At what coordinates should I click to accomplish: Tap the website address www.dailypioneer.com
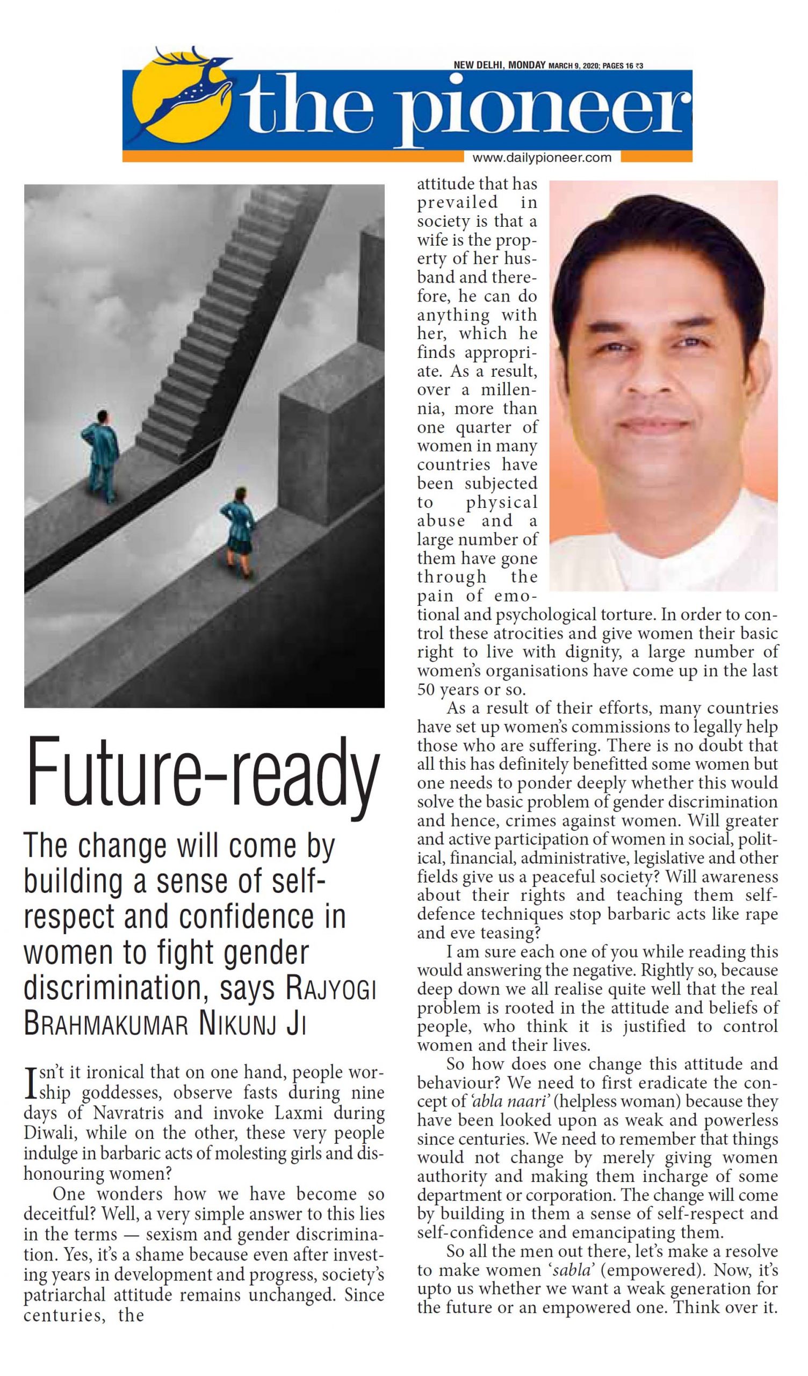tap(542, 158)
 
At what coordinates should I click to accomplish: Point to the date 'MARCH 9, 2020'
tap(573, 66)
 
